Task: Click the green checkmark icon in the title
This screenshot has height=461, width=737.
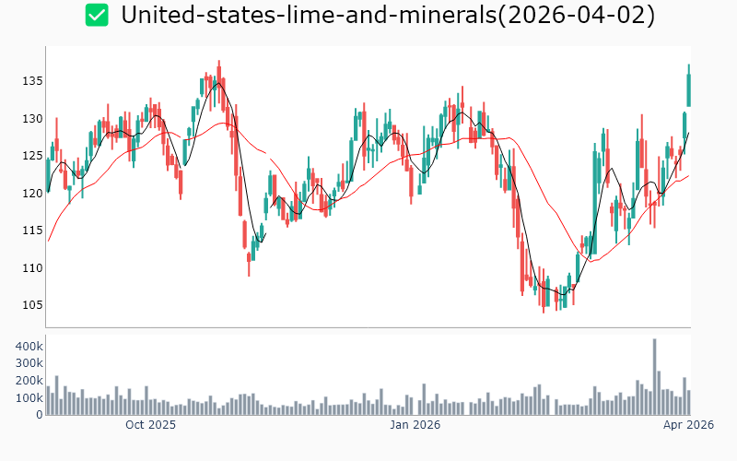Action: (97, 15)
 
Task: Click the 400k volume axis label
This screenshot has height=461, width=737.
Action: (28, 346)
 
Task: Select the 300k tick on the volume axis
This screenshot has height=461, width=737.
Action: (28, 363)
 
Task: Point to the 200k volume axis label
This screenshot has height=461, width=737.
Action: (28, 381)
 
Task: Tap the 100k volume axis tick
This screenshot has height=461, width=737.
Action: (28, 398)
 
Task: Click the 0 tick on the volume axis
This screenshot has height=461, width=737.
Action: (39, 415)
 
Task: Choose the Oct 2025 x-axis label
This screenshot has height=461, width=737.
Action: (150, 425)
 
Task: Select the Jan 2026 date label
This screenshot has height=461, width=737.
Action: (415, 425)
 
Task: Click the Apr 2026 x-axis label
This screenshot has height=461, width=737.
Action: (688, 425)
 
